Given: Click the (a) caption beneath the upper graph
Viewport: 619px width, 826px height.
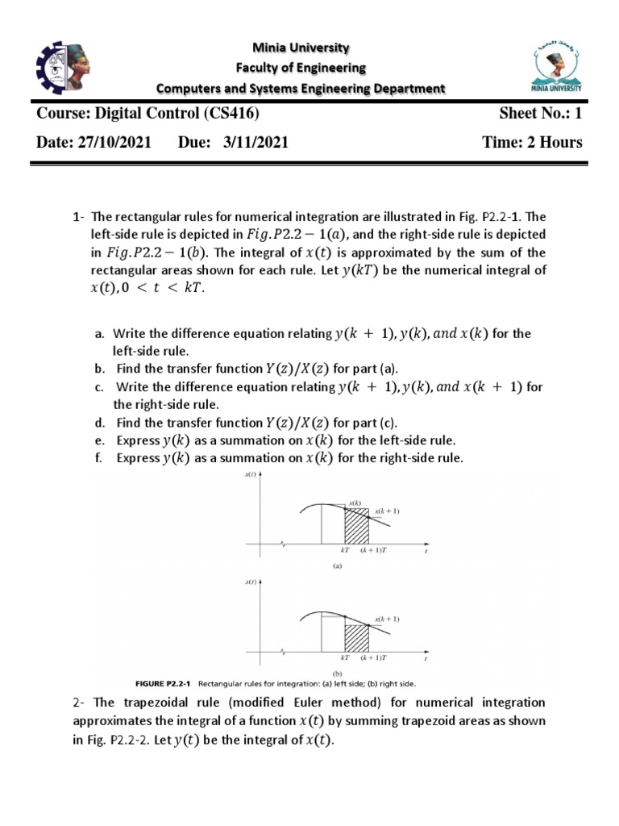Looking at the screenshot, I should click(x=339, y=566).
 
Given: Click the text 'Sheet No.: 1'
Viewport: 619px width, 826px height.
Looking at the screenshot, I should click(x=540, y=115).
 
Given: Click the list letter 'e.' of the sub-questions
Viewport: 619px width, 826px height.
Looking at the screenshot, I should click(x=100, y=441).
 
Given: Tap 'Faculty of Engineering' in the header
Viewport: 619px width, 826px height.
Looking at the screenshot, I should click(x=301, y=68).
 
